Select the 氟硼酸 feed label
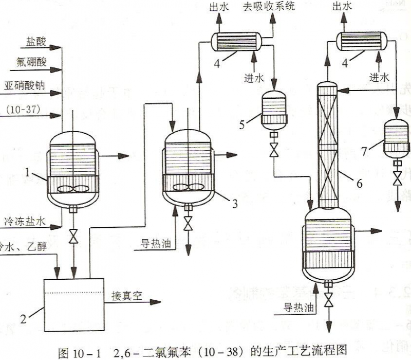31,63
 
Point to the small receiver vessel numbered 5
273,109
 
